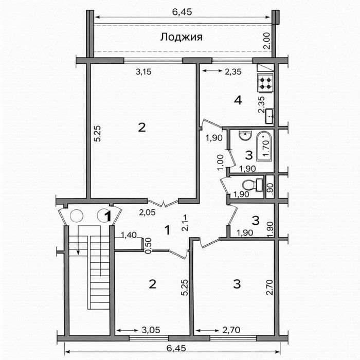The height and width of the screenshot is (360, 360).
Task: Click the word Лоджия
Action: coord(181,37)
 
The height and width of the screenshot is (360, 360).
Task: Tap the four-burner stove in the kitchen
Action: coord(265,83)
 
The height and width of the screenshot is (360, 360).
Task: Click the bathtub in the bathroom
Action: coord(264,146)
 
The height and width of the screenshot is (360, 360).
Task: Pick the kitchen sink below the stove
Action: coord(269,116)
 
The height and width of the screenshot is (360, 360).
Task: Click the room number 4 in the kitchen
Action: coord(238,100)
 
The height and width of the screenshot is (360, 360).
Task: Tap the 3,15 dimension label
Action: coord(143,72)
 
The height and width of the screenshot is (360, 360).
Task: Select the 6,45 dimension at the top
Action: coord(182,12)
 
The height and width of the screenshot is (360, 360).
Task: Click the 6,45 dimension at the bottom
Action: coord(176,348)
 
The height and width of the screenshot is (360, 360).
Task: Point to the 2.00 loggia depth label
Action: coord(267,41)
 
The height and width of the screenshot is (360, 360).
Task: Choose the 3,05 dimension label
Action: coord(151,330)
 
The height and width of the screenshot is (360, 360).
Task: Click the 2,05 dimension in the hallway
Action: coord(147,212)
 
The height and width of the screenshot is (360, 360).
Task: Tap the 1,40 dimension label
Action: coord(129,235)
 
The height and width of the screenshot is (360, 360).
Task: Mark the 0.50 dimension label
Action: coord(148,245)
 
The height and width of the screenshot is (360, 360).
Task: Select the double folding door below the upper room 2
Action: coord(163,203)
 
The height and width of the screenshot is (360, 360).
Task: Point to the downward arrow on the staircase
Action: coord(78,240)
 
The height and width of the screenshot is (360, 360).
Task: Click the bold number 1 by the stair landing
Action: coord(107,217)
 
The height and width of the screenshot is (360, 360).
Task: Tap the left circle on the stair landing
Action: coord(77,216)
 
